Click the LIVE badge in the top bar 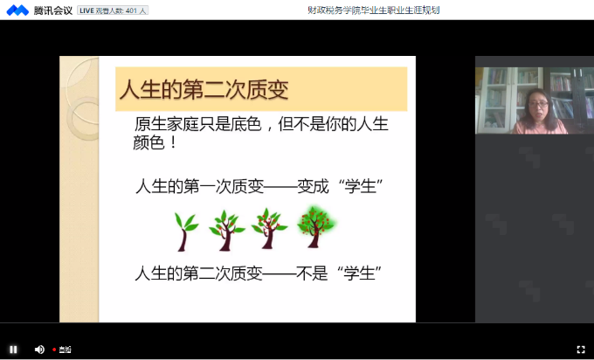89,10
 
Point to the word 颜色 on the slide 150,142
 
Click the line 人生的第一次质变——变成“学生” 259,187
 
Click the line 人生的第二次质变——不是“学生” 259,273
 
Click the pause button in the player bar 13,350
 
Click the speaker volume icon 39,350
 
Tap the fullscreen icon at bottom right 581,350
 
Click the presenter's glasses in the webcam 538,105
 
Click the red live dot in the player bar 54,350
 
